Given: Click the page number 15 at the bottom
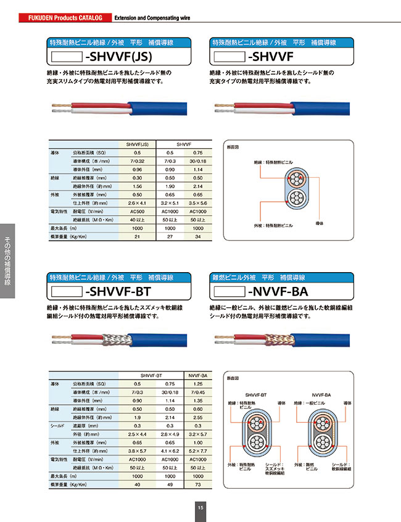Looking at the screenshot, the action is [x=200, y=507].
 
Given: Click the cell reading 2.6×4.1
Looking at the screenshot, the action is [x=137, y=203].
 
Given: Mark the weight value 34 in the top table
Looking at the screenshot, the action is [x=197, y=237].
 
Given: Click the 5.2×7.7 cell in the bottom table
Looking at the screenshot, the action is [x=197, y=452].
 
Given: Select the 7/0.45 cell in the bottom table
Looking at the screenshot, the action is [x=197, y=392].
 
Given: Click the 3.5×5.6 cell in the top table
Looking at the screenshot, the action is [x=197, y=203].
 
